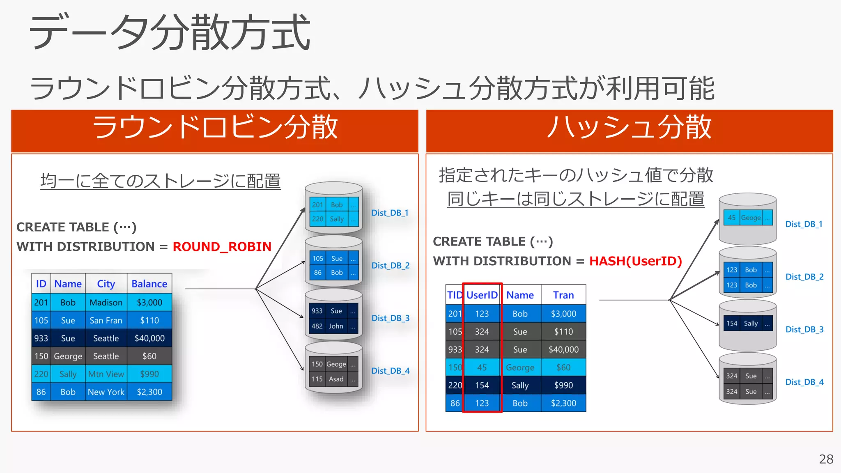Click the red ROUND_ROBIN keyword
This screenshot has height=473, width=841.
click(222, 246)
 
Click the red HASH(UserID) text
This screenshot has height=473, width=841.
click(635, 261)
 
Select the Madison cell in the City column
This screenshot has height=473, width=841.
click(106, 303)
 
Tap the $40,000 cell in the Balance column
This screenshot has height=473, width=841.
click(149, 338)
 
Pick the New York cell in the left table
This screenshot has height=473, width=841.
click(106, 392)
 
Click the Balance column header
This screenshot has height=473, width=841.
click(149, 284)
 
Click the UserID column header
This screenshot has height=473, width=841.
click(482, 295)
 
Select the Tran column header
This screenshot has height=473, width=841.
click(563, 295)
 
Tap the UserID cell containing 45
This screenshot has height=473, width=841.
click(482, 367)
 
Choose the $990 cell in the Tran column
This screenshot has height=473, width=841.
click(563, 385)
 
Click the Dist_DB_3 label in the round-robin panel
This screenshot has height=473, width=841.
click(390, 318)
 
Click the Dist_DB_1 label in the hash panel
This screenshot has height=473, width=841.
click(804, 224)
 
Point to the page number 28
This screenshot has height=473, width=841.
click(826, 459)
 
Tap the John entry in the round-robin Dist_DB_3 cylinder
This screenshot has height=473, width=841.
click(336, 326)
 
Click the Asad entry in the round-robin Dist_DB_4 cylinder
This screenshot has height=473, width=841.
click(336, 379)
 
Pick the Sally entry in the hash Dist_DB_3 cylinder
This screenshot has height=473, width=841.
click(751, 324)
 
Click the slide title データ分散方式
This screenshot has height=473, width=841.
click(169, 33)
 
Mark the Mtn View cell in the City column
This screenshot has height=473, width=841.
click(106, 374)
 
